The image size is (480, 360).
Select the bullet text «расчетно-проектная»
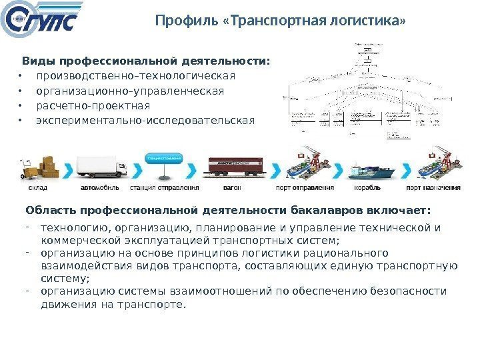93,106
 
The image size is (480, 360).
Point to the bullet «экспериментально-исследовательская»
145,121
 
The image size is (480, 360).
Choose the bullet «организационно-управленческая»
130,91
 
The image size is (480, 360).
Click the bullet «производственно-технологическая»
136,75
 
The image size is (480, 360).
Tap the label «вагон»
233,188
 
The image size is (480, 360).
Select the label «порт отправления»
305,188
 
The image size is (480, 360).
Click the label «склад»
37,188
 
